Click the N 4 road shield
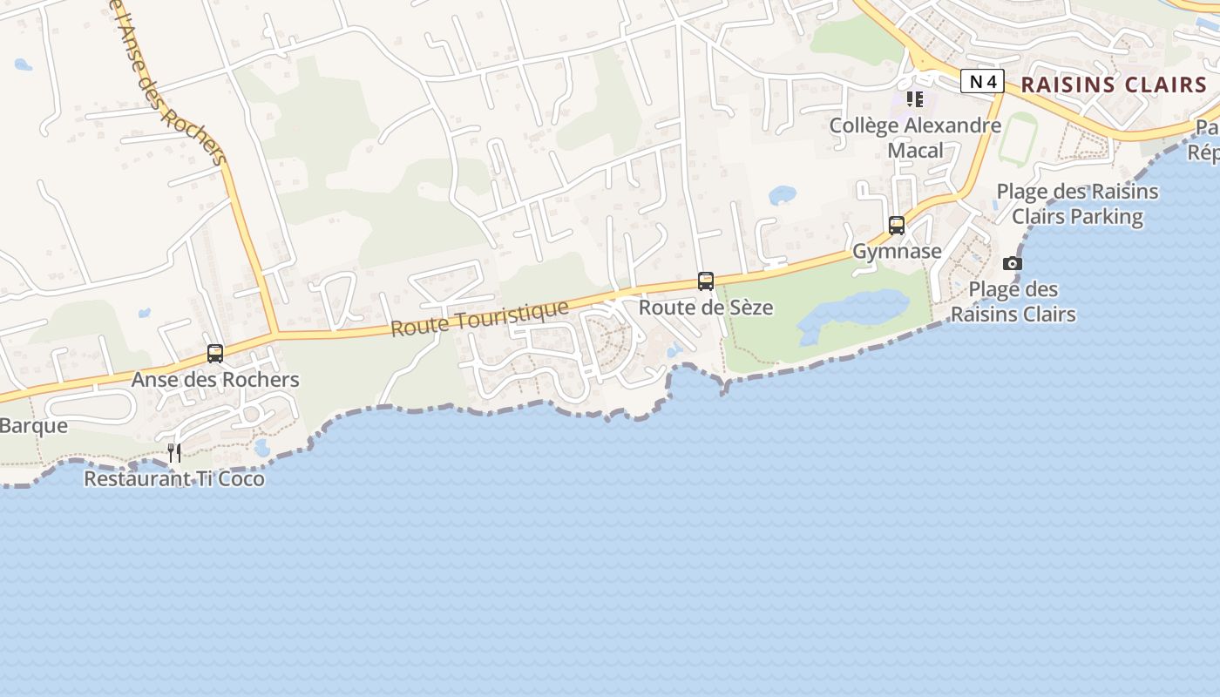[983, 82]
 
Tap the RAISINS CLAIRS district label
[1114, 85]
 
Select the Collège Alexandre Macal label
[915, 138]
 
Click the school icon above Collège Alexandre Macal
[914, 99]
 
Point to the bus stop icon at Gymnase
[897, 226]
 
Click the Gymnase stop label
[897, 252]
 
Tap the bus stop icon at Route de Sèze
[706, 281]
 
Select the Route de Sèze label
[706, 308]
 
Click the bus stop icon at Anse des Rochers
[215, 354]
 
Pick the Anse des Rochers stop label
[215, 380]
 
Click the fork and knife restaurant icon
[174, 452]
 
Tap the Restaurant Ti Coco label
[174, 478]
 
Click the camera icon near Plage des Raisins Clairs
[1012, 263]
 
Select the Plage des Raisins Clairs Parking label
[1077, 204]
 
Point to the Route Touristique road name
[479, 318]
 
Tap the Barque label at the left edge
[33, 426]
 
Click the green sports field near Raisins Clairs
[1017, 139]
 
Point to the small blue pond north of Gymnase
[782, 194]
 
